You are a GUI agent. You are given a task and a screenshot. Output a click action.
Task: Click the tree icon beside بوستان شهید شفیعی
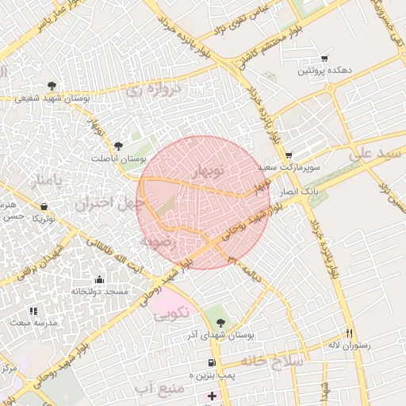[52, 85]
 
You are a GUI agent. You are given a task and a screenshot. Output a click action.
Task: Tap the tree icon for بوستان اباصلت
[118, 145]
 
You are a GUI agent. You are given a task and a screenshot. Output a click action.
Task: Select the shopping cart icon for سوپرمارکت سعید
[289, 155]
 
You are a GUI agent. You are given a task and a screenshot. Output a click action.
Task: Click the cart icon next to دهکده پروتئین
[324, 59]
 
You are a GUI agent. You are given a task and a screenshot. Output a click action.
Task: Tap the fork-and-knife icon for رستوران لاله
[349, 333]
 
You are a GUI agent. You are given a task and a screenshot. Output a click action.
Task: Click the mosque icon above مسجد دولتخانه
[98, 279]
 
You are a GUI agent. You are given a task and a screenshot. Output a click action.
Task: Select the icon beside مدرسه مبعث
[33, 311]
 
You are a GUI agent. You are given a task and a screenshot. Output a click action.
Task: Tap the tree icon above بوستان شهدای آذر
[220, 323]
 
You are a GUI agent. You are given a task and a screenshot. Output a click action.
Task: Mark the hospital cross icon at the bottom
[212, 395]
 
